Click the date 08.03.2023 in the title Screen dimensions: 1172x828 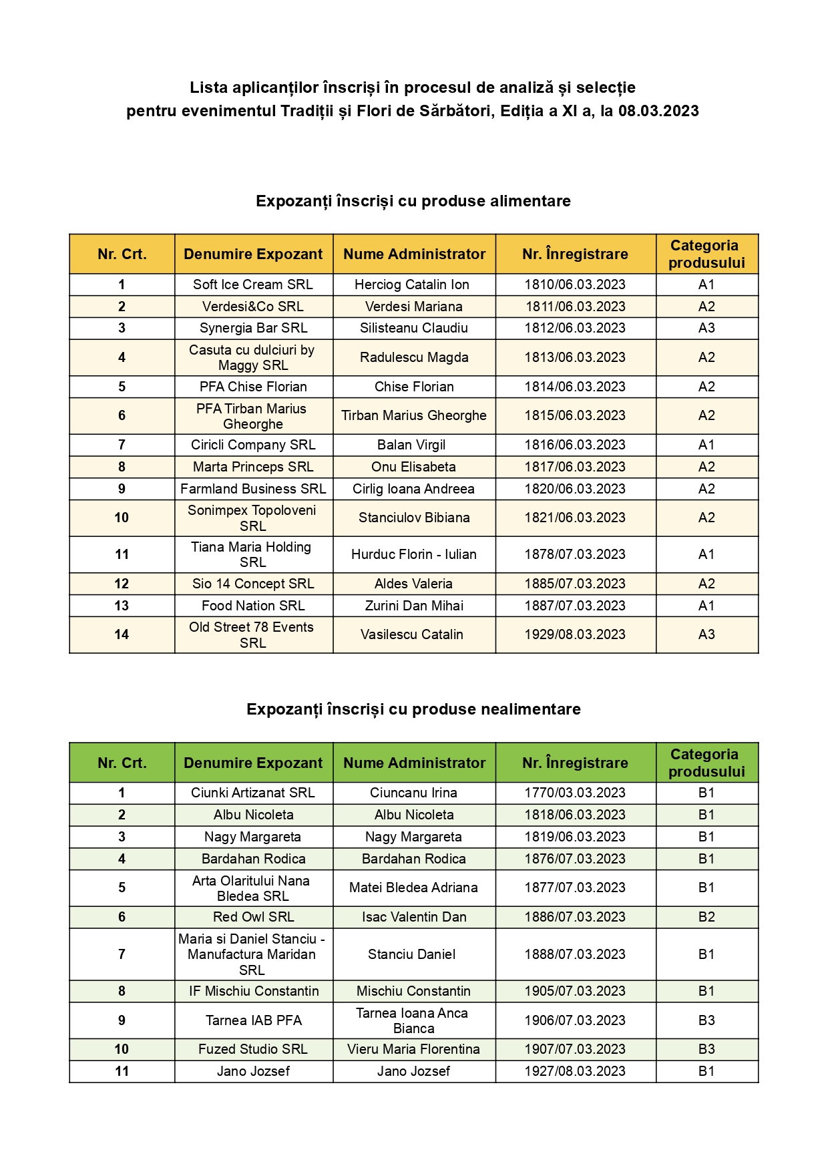point(658,111)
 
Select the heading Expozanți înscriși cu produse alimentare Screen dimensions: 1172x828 point(413,201)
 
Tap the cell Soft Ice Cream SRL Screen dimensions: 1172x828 point(253,284)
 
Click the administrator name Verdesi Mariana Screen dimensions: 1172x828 point(414,307)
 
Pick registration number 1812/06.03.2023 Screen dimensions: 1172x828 point(575,328)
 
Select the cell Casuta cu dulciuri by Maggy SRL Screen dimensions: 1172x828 point(252,357)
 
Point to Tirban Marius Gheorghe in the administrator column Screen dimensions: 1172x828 point(414,415)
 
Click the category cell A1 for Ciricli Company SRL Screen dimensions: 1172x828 point(706,445)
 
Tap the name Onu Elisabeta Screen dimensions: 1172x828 point(414,467)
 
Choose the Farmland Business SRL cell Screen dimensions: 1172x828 point(253,489)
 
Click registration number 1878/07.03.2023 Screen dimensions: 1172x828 point(575,554)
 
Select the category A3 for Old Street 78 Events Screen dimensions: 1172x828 point(706,634)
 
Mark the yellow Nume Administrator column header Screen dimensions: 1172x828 point(414,254)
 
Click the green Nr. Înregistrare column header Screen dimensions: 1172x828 point(575,763)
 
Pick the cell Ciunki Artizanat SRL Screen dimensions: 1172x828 point(253,793)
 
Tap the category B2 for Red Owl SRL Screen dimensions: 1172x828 point(706,917)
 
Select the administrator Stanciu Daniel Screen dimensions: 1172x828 point(412,954)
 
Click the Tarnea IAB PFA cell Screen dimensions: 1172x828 point(254,1020)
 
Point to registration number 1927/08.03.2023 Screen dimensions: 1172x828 point(575,1071)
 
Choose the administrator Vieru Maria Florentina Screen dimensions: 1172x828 point(414,1049)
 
